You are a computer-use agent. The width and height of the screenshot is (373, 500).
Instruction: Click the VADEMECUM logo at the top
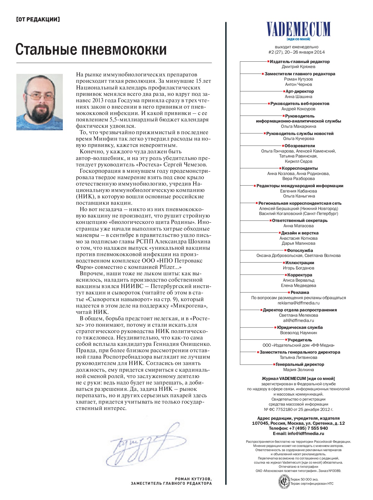(x=298, y=29)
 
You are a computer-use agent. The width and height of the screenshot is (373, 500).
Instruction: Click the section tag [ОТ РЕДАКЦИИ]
(x=38, y=19)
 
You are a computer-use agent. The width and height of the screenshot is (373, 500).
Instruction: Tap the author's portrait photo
(x=39, y=102)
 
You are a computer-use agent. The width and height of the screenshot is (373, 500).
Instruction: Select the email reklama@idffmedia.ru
(x=299, y=303)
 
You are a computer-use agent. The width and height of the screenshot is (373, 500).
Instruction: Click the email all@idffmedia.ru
(x=299, y=321)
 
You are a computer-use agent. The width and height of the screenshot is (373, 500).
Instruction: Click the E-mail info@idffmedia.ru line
(x=299, y=433)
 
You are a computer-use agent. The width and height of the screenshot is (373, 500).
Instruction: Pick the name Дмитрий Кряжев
(x=299, y=67)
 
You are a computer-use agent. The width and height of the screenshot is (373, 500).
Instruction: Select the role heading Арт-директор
(x=300, y=91)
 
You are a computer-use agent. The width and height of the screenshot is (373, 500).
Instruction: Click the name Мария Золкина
(x=299, y=370)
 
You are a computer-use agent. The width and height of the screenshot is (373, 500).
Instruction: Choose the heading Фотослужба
(x=300, y=251)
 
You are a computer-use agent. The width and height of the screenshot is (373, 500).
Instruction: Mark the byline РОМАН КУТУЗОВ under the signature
(x=193, y=479)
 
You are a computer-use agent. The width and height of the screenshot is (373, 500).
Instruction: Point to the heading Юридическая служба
(x=300, y=327)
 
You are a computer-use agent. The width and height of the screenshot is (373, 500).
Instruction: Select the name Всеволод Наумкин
(x=299, y=333)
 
